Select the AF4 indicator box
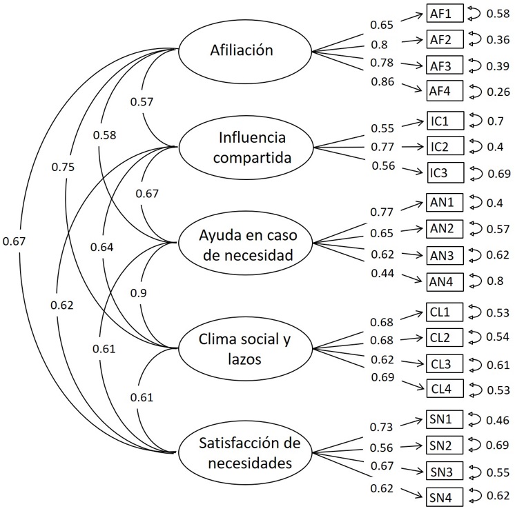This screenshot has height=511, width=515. coord(440,91)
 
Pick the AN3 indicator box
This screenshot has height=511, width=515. coord(440,255)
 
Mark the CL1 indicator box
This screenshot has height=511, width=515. coord(440,313)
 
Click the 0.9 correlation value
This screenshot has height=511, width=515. coord(139,292)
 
